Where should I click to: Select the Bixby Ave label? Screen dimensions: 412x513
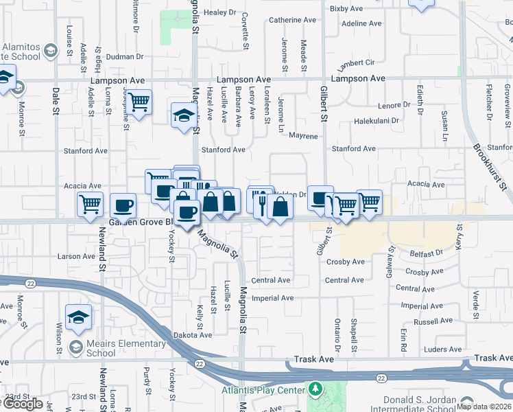tap(346, 8)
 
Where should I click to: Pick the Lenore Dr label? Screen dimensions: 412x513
tap(393, 105)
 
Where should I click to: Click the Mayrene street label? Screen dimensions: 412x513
tap(303, 136)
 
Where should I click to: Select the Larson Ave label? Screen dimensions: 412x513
tap(76, 256)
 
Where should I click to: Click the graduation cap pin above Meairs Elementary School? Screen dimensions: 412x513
tap(78, 318)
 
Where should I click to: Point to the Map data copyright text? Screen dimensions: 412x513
tap(483, 407)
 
